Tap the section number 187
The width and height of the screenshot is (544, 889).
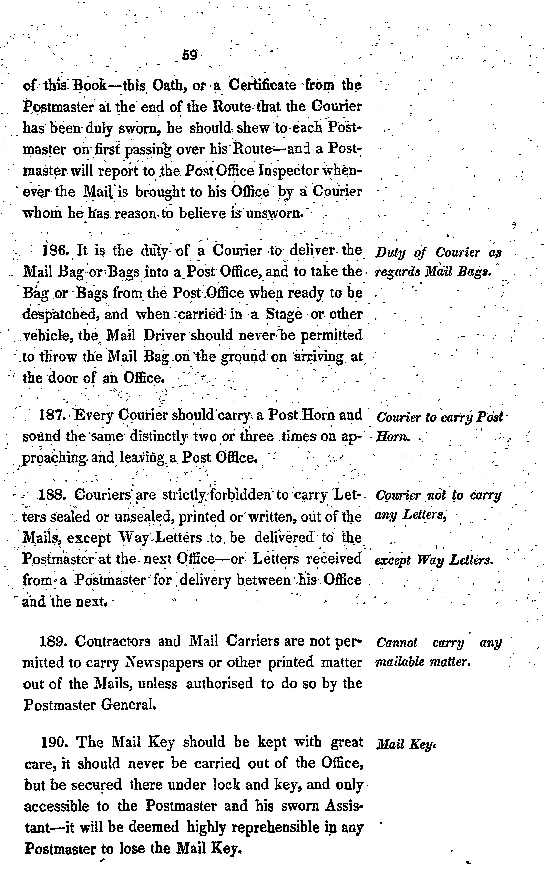52,415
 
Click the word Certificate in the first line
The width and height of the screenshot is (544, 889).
263,86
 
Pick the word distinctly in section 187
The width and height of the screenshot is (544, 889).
158,436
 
